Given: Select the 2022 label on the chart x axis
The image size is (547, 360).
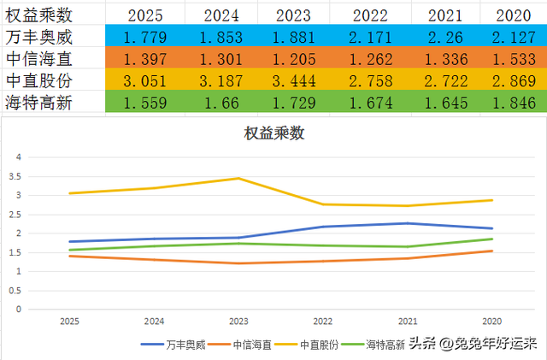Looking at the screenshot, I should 323,322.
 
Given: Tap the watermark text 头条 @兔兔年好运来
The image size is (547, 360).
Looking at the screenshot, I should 472,344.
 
